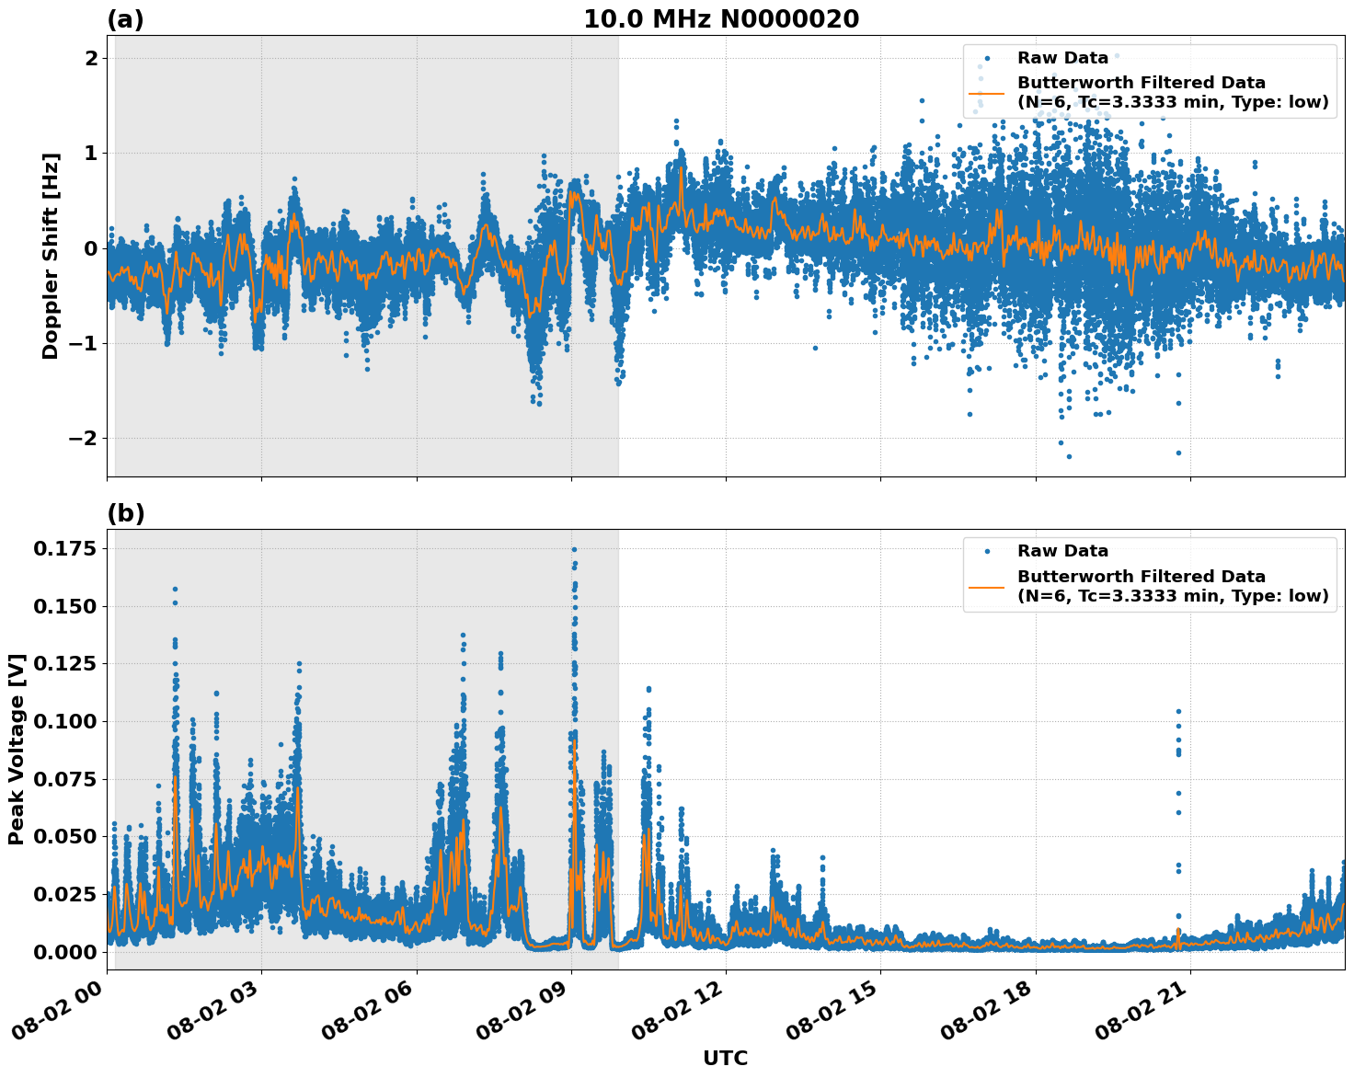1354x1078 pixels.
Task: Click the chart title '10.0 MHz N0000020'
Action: pyautogui.click(x=721, y=19)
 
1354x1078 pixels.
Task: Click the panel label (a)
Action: pyautogui.click(x=125, y=19)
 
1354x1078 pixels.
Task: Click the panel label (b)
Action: pyautogui.click(x=125, y=513)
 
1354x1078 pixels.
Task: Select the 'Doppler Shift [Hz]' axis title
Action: pyautogui.click(x=51, y=256)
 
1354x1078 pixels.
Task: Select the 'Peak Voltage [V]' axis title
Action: pyautogui.click(x=17, y=749)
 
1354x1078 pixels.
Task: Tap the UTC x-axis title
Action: pyautogui.click(x=725, y=1058)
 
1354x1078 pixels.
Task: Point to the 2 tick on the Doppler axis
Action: pyautogui.click(x=92, y=58)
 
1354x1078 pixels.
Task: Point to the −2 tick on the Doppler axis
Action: pyautogui.click(x=85, y=439)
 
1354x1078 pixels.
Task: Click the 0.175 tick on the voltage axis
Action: pyautogui.click(x=64, y=549)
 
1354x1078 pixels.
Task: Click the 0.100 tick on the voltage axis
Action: pyautogui.click(x=64, y=721)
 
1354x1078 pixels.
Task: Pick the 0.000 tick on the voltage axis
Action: pyautogui.click(x=64, y=952)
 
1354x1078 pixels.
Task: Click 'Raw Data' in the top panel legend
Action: pyautogui.click(x=1062, y=58)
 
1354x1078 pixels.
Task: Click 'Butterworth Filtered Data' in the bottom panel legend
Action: pyautogui.click(x=1141, y=577)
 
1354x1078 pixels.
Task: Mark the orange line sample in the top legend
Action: pyautogui.click(x=989, y=92)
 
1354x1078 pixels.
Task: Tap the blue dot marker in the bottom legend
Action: pyautogui.click(x=988, y=551)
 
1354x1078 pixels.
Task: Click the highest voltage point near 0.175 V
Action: pyautogui.click(x=574, y=549)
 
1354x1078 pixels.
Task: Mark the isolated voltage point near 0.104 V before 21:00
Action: pyautogui.click(x=1178, y=711)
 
